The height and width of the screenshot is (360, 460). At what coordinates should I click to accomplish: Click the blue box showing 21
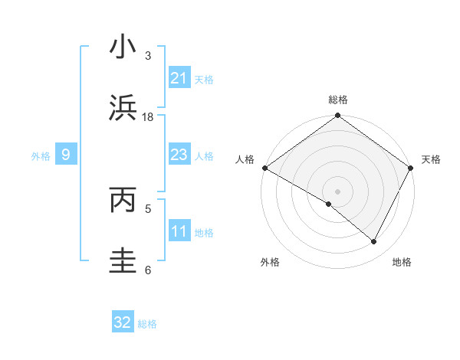coord(179,78)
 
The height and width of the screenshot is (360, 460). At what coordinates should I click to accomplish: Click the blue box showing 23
coord(179,155)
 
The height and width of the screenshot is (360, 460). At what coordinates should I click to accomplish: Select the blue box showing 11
coord(179,231)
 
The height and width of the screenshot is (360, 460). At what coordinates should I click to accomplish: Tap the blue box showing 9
coord(66,155)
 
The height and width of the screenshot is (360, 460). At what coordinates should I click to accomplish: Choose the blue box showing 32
coord(123,323)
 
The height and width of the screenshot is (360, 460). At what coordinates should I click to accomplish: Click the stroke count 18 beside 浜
coord(148,117)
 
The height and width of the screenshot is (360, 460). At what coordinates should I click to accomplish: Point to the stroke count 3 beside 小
coord(148,56)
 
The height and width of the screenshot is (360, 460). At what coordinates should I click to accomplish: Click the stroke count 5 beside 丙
coord(148,208)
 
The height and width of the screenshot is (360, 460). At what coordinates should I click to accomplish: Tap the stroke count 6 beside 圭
coord(148,270)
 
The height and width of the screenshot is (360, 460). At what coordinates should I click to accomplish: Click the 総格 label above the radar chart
coord(338,100)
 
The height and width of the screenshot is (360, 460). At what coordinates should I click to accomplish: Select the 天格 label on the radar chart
coord(431,159)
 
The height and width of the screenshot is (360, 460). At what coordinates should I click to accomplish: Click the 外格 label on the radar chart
coord(270,262)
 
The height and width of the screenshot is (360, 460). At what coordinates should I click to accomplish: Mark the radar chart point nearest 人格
coord(264,168)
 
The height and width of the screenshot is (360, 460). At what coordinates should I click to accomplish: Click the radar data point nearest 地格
coord(374,241)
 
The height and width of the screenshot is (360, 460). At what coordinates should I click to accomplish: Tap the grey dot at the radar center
coord(337,191)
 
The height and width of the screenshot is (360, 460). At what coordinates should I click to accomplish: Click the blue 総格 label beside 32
coord(147,324)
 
